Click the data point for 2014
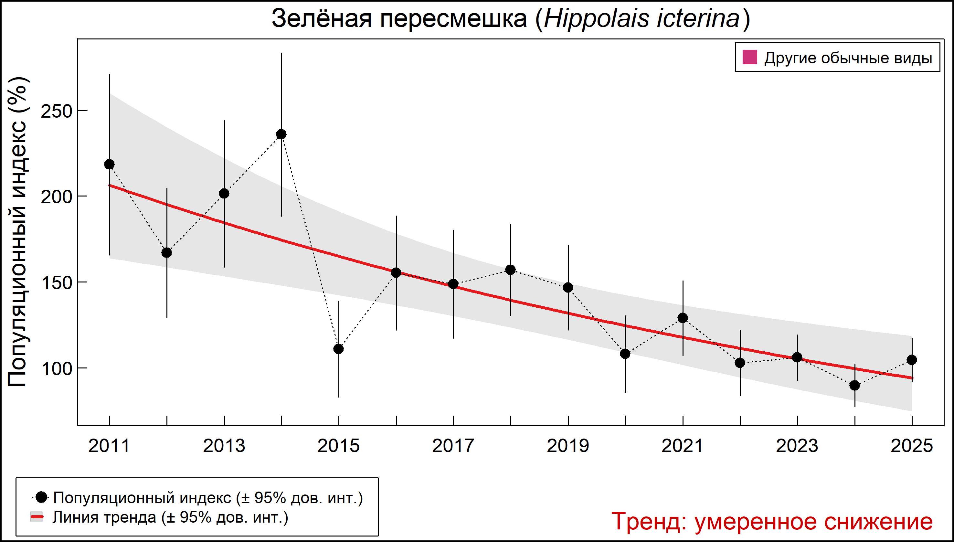coord(281,134)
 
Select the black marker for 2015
coord(339,349)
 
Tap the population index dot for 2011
coord(110,164)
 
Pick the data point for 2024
coord(854,385)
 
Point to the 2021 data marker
coord(683,317)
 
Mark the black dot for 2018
coord(511,270)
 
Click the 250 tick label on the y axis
coord(56,111)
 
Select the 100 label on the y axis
coord(56,368)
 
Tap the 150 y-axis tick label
coord(56,282)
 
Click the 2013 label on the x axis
coord(224,446)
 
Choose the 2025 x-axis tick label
coord(912,446)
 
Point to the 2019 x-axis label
coord(568,446)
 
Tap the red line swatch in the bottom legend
coord(37,517)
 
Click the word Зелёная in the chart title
coord(322,19)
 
